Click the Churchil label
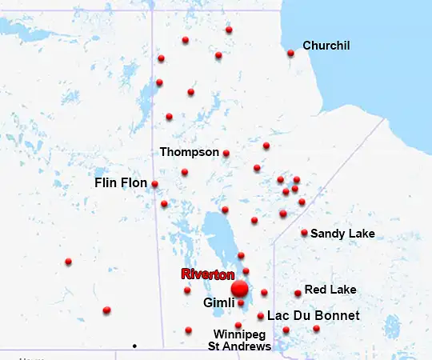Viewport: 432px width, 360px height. (326, 46)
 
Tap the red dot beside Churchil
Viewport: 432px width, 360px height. (290, 54)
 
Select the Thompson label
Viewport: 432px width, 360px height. (189, 151)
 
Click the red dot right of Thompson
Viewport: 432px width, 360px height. (226, 153)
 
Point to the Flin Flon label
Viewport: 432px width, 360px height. (121, 183)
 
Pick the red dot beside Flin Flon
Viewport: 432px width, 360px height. (154, 184)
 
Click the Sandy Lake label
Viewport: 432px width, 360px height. (342, 234)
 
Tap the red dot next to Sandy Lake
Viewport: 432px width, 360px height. (304, 233)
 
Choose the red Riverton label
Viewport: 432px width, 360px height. (207, 274)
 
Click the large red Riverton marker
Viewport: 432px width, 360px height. (239, 289)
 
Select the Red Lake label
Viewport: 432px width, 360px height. (330, 290)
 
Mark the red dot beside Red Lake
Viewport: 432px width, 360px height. (298, 293)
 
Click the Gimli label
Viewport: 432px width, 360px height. (218, 304)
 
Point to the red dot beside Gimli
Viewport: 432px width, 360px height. (241, 303)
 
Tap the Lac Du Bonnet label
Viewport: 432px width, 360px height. (313, 316)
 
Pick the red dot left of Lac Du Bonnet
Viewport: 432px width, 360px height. (261, 316)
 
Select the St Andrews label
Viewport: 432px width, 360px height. (239, 346)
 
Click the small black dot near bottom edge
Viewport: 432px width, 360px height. (134, 346)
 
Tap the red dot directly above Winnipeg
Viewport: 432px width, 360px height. (238, 325)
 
